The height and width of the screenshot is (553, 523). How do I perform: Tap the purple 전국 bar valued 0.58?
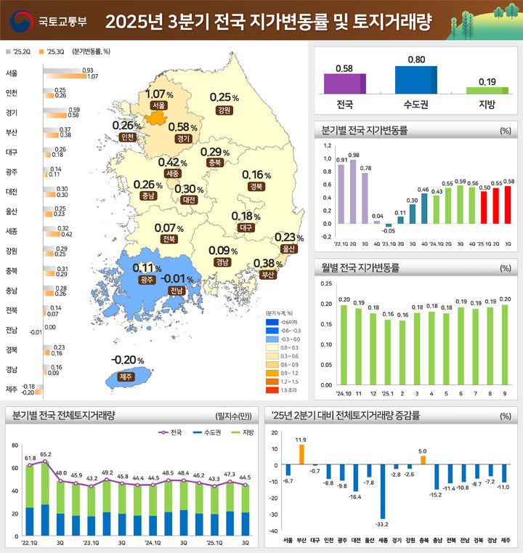[x=345, y=84]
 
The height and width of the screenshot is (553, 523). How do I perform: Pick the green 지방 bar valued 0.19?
[x=487, y=90]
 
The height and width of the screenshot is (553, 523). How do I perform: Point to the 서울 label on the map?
[x=158, y=106]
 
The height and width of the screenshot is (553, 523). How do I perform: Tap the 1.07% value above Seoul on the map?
[x=159, y=94]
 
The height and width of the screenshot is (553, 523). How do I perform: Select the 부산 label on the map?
[x=268, y=275]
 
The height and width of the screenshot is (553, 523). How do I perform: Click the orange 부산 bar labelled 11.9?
[x=301, y=455]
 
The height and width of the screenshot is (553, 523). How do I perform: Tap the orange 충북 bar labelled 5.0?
[x=422, y=461]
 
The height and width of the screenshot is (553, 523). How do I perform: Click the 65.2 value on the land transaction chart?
[x=46, y=454]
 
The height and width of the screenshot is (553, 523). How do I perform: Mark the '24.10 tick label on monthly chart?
[x=344, y=394]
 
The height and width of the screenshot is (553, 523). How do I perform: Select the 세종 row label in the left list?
[x=12, y=231]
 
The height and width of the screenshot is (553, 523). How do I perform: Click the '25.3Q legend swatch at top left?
[x=41, y=52]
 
